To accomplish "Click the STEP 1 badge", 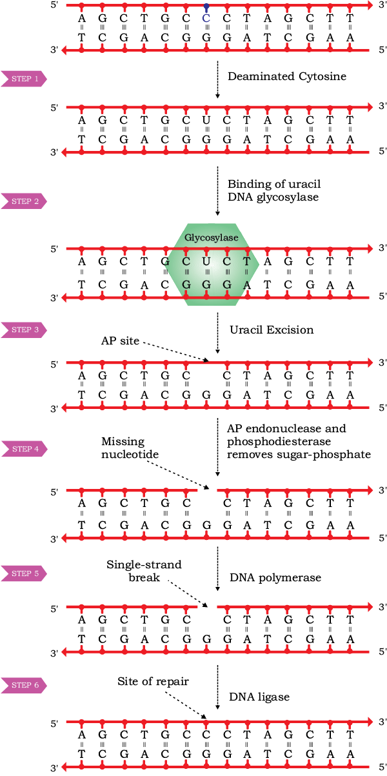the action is click(x=24, y=79).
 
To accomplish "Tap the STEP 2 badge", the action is click(x=24, y=201).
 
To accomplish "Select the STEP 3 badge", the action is click(x=24, y=330).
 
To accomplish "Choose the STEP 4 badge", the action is click(x=24, y=449).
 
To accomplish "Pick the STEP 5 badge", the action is click(x=24, y=573).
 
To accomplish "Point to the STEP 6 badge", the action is click(x=24, y=685).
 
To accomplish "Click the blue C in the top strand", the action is click(x=206, y=18).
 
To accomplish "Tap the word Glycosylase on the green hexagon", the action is click(x=212, y=237).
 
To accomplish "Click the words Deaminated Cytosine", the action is click(x=287, y=77).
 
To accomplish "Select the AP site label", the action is click(x=120, y=341).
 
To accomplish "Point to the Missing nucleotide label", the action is click(x=130, y=448).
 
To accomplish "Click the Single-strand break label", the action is click(x=144, y=571).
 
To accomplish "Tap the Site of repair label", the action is click(x=153, y=681).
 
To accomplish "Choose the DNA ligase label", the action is click(x=259, y=697).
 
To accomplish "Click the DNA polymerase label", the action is click(x=275, y=577).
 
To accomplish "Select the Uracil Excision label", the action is click(x=272, y=330).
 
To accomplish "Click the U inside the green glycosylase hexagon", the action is click(x=206, y=261).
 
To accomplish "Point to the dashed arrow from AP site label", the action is click(x=176, y=352).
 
